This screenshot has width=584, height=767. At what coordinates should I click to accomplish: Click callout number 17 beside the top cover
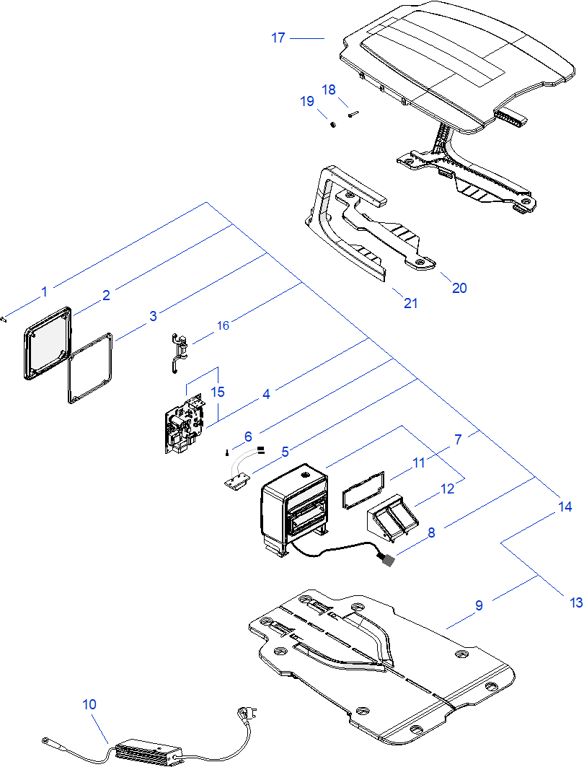pyautogui.click(x=278, y=38)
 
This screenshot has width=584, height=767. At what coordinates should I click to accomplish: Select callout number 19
pyautogui.click(x=308, y=102)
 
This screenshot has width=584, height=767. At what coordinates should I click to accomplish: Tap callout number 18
pyautogui.click(x=329, y=89)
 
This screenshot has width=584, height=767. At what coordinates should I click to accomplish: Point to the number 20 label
pyautogui.click(x=459, y=288)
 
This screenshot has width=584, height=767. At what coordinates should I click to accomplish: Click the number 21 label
pyautogui.click(x=410, y=304)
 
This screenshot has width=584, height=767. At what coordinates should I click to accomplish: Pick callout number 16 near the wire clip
pyautogui.click(x=224, y=326)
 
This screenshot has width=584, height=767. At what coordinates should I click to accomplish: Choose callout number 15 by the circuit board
pyautogui.click(x=218, y=392)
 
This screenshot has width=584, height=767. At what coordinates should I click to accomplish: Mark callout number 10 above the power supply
pyautogui.click(x=89, y=704)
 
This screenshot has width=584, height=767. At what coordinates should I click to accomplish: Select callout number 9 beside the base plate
pyautogui.click(x=479, y=605)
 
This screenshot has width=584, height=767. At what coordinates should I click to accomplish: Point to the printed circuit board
pyautogui.click(x=184, y=426)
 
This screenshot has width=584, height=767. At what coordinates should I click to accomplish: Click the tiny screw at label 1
pyautogui.click(x=5, y=318)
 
